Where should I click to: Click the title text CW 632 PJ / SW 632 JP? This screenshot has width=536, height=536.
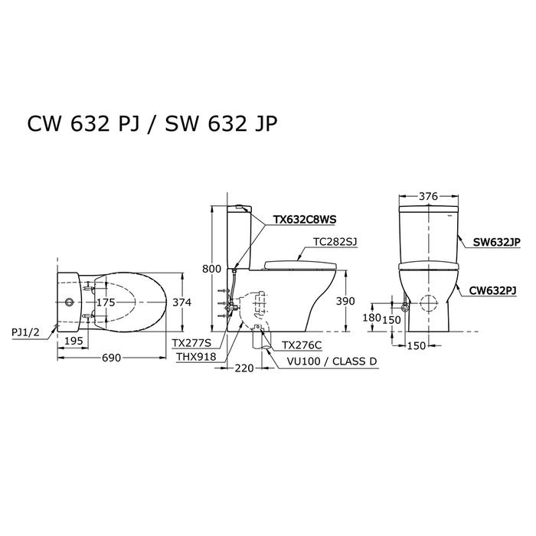pyautogui.click(x=152, y=123)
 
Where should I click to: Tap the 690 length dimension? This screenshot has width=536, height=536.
pyautogui.click(x=112, y=358)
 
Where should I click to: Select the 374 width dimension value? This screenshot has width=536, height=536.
pyautogui.click(x=182, y=302)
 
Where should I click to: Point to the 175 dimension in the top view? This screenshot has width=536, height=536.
pyautogui.click(x=106, y=302)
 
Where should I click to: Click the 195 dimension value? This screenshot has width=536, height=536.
pyautogui.click(x=74, y=341)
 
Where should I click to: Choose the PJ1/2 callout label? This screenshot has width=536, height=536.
pyautogui.click(x=25, y=332)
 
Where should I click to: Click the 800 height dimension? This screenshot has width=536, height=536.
pyautogui.click(x=211, y=269)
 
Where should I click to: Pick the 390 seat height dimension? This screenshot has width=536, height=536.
pyautogui.click(x=345, y=301)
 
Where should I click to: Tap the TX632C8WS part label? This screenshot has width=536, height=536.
pyautogui.click(x=304, y=219)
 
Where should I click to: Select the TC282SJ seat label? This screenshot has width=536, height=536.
pyautogui.click(x=335, y=242)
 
